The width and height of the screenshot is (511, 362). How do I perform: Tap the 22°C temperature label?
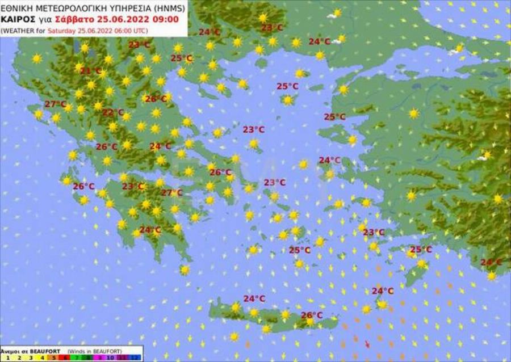click(x=112, y=112)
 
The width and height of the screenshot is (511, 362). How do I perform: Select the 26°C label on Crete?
click(x=312, y=315)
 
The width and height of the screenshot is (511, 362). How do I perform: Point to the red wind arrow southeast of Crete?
click(x=367, y=343)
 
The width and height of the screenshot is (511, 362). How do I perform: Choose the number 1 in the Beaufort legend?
click(x=6, y=358)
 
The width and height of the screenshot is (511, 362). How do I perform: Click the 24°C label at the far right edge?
click(x=491, y=262)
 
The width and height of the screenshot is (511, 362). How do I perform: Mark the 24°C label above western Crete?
click(x=254, y=298)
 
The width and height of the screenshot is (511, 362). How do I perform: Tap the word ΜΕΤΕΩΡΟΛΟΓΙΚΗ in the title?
click(x=66, y=9)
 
